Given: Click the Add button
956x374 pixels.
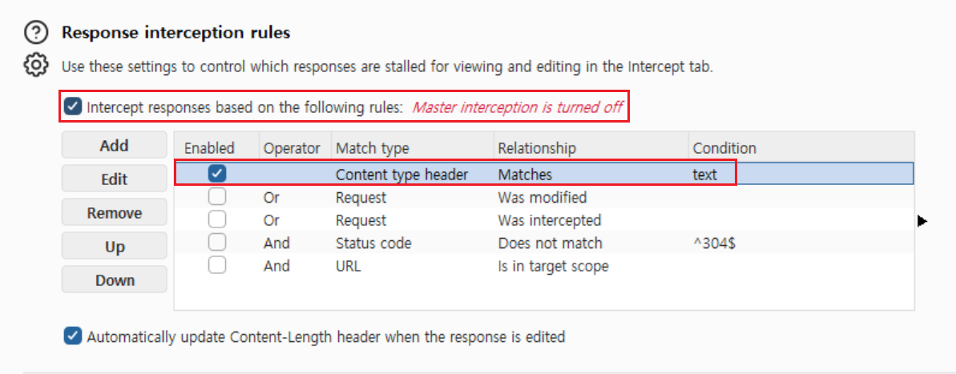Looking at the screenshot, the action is pos(114,146).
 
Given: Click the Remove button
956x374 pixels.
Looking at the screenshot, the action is pos(114,213).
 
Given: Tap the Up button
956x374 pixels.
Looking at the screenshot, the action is pos(114,247).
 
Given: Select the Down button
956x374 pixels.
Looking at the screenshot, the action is pos(114,280).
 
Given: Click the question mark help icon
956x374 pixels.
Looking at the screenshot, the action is pos(36,33).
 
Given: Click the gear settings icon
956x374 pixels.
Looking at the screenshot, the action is pos(36,65).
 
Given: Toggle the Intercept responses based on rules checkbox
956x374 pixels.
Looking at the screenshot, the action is pos(73,108).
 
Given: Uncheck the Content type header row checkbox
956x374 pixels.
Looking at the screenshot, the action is pos(217,174).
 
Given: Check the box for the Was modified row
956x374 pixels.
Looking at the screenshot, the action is pos(217,197).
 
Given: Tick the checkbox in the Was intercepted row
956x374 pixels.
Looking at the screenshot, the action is pos(217,219).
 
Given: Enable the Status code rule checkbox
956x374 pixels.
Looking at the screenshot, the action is pos(217,243).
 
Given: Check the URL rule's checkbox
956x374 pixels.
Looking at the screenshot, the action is pos(217,266).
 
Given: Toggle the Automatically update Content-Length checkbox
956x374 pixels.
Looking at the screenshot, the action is pos(73,336).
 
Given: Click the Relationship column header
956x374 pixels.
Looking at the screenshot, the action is pos(537,147).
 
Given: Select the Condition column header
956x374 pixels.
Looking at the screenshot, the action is pos(724,147).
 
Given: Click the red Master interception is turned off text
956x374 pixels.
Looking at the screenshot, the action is pos(518,108).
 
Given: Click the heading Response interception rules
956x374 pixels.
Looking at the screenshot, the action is pos(175,32).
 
